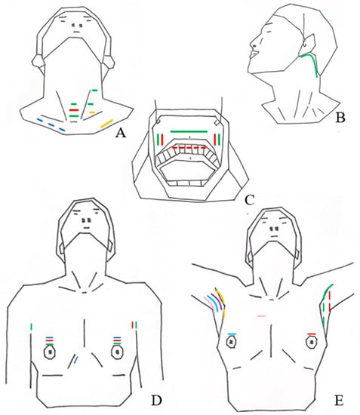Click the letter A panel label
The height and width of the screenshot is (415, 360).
(x=120, y=134)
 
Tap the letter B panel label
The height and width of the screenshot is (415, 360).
(x=340, y=118)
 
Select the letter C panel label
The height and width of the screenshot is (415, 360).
(x=249, y=201)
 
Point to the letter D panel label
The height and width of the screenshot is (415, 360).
(x=156, y=400)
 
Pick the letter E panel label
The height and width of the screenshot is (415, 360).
(x=339, y=400)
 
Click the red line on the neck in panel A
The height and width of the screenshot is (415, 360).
(x=74, y=110)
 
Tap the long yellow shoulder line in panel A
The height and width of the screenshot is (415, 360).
(x=106, y=124)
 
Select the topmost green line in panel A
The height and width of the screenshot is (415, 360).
(x=94, y=91)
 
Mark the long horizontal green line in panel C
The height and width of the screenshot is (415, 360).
(x=189, y=131)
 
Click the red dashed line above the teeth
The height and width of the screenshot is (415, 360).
(x=189, y=147)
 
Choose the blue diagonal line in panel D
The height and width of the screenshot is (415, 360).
(x=75, y=359)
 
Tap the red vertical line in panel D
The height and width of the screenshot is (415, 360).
(x=133, y=325)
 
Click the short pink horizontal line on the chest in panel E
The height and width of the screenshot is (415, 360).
(x=261, y=315)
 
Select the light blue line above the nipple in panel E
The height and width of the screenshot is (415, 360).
(x=232, y=334)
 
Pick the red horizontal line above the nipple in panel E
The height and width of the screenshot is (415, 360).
(x=312, y=334)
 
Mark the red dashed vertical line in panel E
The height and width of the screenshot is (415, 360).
(x=330, y=302)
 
